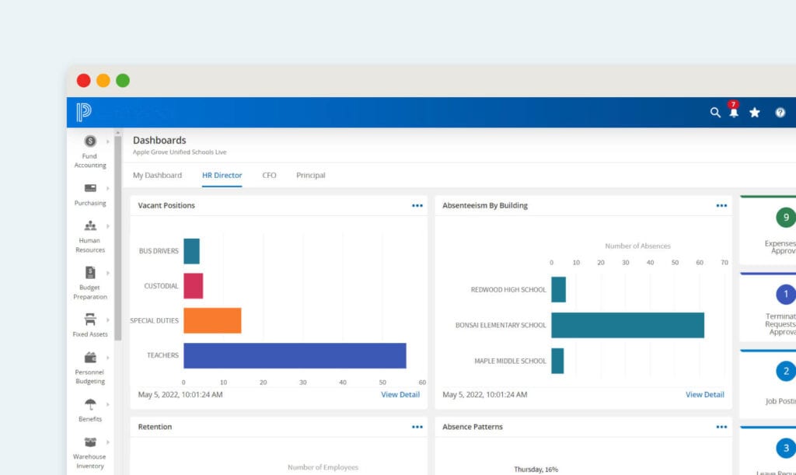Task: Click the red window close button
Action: (83, 80)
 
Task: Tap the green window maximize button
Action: (123, 80)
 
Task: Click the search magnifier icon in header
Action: (715, 113)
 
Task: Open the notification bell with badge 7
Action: (734, 112)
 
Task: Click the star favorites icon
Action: (755, 113)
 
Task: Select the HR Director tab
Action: (222, 176)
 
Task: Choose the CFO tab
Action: (269, 176)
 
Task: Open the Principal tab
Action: (311, 176)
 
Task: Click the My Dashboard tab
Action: (157, 176)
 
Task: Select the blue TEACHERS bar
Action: (295, 355)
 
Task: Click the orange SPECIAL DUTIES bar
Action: (212, 320)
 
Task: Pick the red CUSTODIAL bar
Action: (193, 285)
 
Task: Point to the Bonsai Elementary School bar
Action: (627, 325)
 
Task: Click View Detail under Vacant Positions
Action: (400, 395)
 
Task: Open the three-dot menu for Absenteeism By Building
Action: (721, 206)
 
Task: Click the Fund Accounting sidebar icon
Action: (90, 141)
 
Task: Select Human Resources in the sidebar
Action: (90, 226)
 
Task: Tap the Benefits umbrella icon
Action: (90, 404)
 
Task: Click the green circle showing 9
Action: (786, 218)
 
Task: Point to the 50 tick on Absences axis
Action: (675, 263)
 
